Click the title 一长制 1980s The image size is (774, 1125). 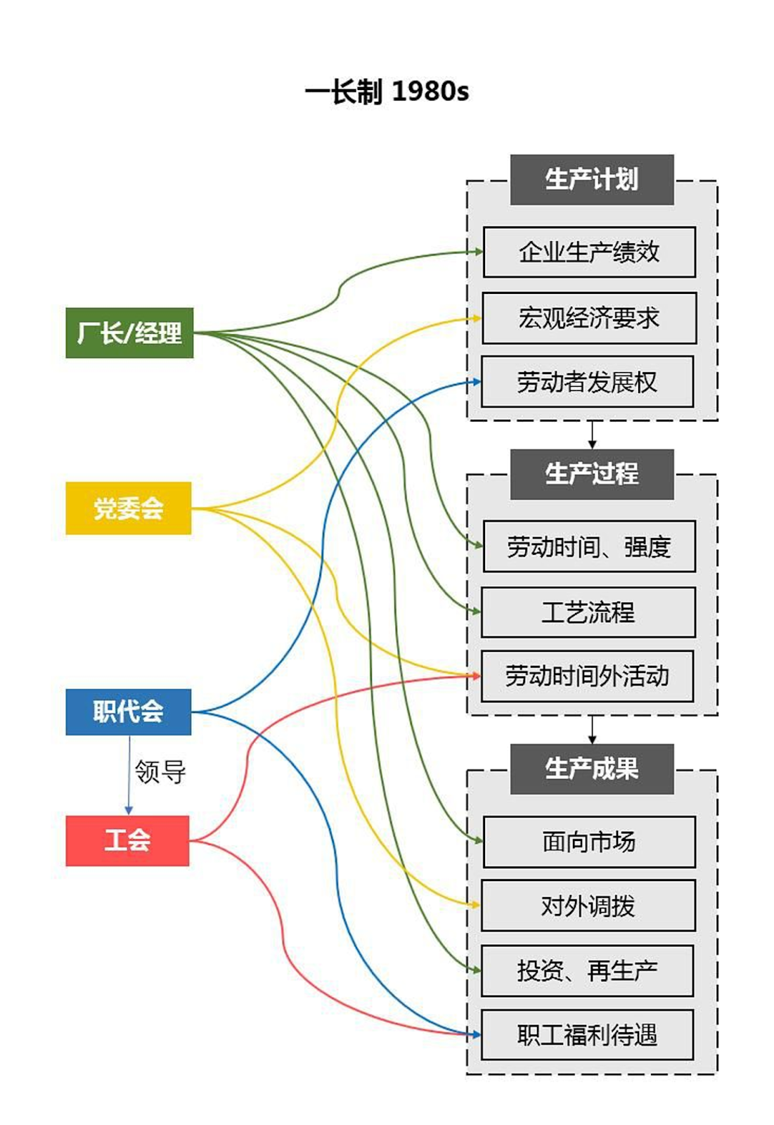(387, 92)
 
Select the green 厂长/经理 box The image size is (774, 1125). (129, 333)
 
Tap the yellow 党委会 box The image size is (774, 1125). (129, 508)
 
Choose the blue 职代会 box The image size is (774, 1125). (129, 712)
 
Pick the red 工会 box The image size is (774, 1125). (127, 840)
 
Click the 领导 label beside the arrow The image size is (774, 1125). (160, 772)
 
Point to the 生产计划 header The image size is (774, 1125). (592, 180)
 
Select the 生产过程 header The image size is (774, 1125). (592, 474)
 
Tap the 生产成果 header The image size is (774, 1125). (592, 769)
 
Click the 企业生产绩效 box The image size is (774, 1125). (589, 252)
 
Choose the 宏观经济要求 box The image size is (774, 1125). (589, 318)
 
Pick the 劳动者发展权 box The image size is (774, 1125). (587, 382)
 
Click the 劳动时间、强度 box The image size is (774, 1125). (589, 546)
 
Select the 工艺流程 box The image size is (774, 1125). (588, 612)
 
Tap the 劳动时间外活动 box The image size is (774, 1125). (587, 676)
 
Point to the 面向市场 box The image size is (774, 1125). (589, 842)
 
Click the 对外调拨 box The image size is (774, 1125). (588, 906)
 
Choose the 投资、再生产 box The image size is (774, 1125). (587, 971)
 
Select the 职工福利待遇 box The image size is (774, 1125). (587, 1035)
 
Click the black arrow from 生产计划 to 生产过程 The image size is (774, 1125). (592, 435)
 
